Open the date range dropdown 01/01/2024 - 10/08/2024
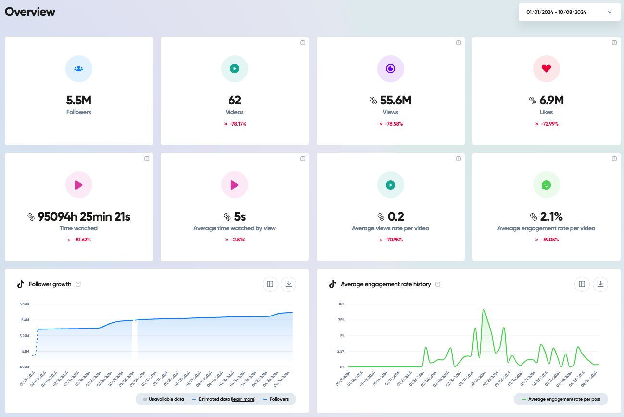[x=569, y=12]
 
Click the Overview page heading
[x=30, y=12]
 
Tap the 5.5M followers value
[x=79, y=101]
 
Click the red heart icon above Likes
[x=546, y=69]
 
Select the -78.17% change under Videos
[x=235, y=124]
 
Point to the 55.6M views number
[x=395, y=101]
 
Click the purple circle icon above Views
[x=390, y=69]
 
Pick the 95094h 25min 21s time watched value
[x=84, y=217]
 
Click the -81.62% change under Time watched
[x=79, y=240]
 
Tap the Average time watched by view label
[x=234, y=228]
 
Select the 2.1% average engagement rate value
[x=551, y=217]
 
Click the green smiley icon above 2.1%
[x=546, y=185]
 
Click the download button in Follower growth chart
[x=289, y=284]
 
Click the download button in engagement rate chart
[x=600, y=284]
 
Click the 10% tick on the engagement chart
[x=341, y=304]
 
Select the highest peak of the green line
[x=484, y=309]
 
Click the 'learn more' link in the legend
[x=243, y=399]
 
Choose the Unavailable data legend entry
[x=163, y=399]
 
